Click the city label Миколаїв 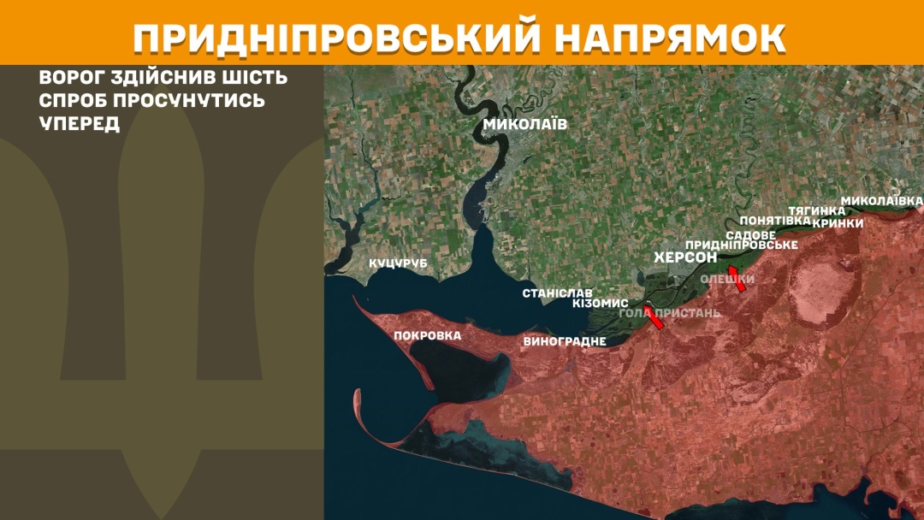525,124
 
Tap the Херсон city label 685,257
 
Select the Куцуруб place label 398,263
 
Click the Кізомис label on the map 600,304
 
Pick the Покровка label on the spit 427,335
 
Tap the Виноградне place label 565,342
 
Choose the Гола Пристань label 670,313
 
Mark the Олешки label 728,280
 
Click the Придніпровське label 742,245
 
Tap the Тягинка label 816,210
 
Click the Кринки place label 838,223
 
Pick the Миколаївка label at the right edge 881,201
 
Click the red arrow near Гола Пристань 654,318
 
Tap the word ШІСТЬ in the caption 252,78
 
